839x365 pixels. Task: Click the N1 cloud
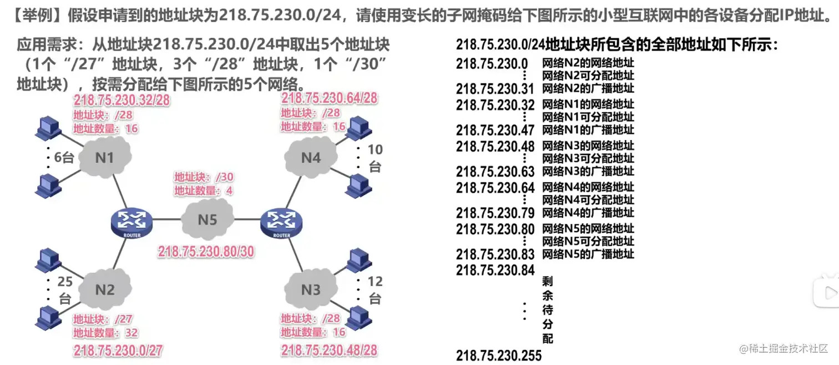pos(105,158)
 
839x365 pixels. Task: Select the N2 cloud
pos(105,289)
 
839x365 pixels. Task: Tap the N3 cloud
pos(311,289)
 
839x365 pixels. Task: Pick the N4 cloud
pos(311,158)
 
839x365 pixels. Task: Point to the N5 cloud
pos(208,219)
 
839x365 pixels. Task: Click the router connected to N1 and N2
pos(132,222)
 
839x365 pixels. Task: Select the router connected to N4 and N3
pos(281,222)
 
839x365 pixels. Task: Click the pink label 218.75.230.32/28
pos(122,101)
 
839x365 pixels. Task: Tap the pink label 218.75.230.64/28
pos(329,98)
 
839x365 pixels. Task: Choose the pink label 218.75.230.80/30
pos(206,252)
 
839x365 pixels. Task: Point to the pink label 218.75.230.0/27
pos(118,351)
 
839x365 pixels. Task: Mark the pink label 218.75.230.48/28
pos(329,351)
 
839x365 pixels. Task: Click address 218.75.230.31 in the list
pos(495,89)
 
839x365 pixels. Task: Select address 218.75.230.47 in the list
pos(495,130)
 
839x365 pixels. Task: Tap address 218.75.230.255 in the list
pos(498,356)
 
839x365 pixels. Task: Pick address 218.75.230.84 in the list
pos(495,270)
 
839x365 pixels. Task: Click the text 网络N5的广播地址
pos(588,254)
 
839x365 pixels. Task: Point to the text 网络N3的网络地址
pos(588,146)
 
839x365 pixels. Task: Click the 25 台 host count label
pos(65,290)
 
